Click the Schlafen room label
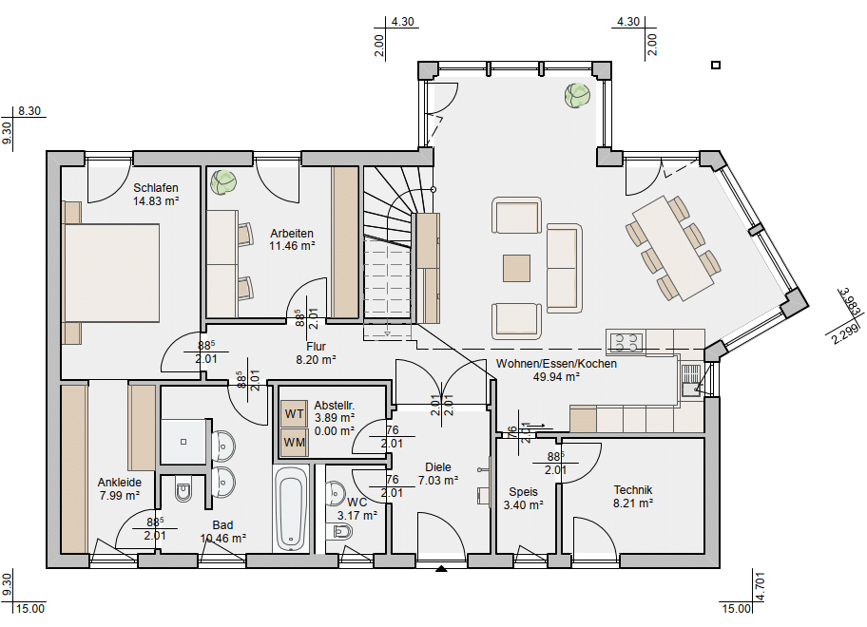pyautogui.click(x=155, y=188)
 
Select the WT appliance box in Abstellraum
pyautogui.click(x=294, y=414)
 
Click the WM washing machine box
pyautogui.click(x=294, y=443)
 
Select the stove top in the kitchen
pyautogui.click(x=626, y=341)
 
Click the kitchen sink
pyautogui.click(x=690, y=380)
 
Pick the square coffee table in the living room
pyautogui.click(x=516, y=268)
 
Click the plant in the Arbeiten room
pyautogui.click(x=224, y=182)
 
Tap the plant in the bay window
pyautogui.click(x=577, y=96)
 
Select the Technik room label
pyautogui.click(x=632, y=490)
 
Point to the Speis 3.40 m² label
pyautogui.click(x=523, y=499)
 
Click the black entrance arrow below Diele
pyautogui.click(x=441, y=568)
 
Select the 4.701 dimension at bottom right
pyautogui.click(x=761, y=586)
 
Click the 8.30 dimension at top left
pyautogui.click(x=29, y=111)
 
